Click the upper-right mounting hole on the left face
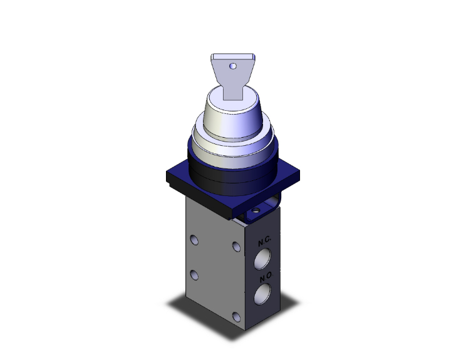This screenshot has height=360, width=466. tap(236, 247)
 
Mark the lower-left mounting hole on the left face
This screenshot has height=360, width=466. tap(194, 274)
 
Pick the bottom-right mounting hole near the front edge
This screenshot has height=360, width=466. tap(236, 316)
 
